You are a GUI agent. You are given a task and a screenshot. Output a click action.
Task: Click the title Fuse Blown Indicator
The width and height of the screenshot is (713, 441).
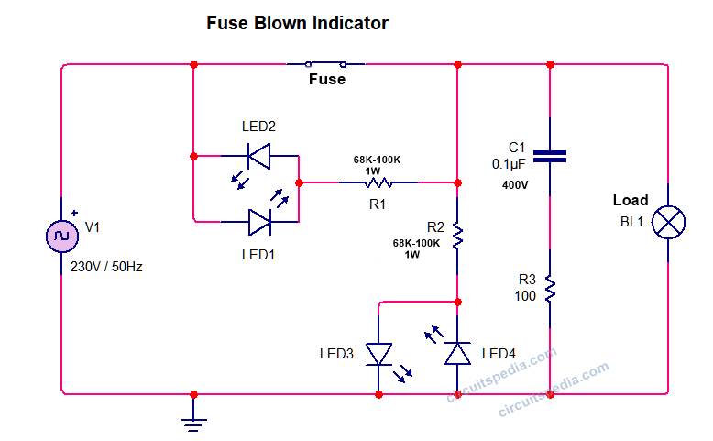click(x=297, y=23)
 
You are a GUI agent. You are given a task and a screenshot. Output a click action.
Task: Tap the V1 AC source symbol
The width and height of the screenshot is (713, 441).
click(x=60, y=236)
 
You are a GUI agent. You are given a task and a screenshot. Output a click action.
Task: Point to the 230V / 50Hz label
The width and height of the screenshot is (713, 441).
click(x=106, y=268)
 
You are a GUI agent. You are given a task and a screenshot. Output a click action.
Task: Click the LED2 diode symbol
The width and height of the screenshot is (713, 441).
click(x=259, y=157)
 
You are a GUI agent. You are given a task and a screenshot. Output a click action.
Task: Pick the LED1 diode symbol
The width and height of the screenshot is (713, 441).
click(x=259, y=221)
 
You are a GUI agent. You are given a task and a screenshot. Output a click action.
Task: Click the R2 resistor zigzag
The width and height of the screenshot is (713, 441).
click(x=457, y=237)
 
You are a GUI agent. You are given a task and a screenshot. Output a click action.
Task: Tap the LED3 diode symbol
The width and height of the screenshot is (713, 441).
click(x=379, y=353)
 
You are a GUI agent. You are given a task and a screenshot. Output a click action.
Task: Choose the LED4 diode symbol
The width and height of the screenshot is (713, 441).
click(x=457, y=353)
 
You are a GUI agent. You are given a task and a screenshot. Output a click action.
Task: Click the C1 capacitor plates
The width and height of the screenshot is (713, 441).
click(x=550, y=157)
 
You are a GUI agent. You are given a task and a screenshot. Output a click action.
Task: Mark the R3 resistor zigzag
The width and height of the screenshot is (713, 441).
click(x=550, y=290)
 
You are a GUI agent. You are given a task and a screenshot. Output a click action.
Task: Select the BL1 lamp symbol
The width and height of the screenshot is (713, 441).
click(x=667, y=223)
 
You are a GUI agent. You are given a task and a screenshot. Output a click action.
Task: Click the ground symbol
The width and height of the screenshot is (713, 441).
click(x=193, y=423)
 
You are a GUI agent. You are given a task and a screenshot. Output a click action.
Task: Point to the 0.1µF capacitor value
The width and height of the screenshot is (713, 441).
click(x=509, y=164)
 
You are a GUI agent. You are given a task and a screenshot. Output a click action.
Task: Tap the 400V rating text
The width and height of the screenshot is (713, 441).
click(x=514, y=185)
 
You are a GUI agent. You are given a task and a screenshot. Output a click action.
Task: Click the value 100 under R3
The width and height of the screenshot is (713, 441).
click(x=524, y=296)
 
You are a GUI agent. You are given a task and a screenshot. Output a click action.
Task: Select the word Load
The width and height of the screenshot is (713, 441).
click(x=630, y=200)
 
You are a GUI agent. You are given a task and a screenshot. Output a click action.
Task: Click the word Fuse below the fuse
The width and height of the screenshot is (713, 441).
click(x=326, y=80)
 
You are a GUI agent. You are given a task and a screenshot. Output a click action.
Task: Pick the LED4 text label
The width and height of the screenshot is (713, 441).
click(x=499, y=354)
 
